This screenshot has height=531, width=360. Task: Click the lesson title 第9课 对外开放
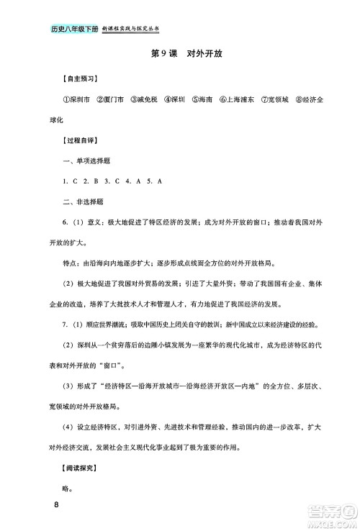[x=180, y=53]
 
